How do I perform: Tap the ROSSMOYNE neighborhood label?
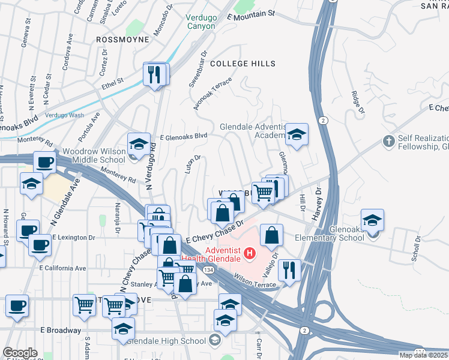[x=122, y=40]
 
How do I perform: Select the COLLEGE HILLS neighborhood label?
[x=243, y=64]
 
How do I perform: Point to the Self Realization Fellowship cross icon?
[x=389, y=142]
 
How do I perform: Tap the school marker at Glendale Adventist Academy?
[x=296, y=135]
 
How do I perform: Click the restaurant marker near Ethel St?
[x=155, y=74]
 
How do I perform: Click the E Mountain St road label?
[x=251, y=13]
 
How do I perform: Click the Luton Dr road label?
[x=192, y=165]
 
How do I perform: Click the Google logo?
[x=20, y=353]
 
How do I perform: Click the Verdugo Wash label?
[x=64, y=115]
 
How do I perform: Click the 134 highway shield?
[x=206, y=271]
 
